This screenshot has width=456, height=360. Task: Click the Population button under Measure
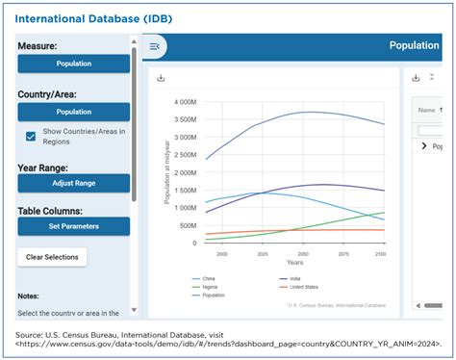coord(73,64)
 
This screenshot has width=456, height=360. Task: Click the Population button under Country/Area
coord(73,112)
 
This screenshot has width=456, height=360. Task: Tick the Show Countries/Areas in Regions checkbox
coord(31,136)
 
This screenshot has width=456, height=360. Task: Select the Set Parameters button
coord(73,227)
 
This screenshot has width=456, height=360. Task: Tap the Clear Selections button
coord(52,257)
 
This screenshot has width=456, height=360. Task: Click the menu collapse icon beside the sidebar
coord(155,46)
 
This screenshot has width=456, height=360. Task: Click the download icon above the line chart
coord(161,78)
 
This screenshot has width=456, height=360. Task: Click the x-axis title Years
coord(294,263)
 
